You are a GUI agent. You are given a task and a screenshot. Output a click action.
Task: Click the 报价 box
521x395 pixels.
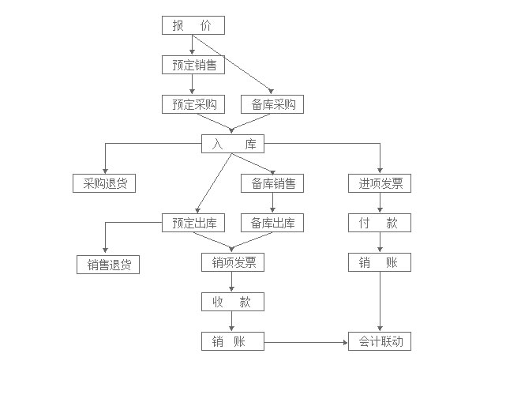(x=193, y=25)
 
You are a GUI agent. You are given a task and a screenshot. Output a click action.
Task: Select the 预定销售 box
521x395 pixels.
(x=193, y=65)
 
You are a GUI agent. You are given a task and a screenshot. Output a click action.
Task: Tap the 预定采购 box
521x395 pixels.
(x=193, y=104)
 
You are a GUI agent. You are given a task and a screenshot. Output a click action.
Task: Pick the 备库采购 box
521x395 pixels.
(x=272, y=104)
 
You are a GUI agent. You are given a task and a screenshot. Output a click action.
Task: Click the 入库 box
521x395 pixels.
(x=232, y=144)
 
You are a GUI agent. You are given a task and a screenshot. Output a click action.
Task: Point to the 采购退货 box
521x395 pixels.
(x=104, y=183)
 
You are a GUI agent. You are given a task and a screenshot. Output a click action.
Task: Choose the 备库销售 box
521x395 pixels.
(x=272, y=183)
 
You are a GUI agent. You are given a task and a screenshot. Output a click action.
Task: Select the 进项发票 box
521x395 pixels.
(x=380, y=183)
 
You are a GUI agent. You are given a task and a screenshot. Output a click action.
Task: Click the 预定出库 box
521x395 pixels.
(x=193, y=223)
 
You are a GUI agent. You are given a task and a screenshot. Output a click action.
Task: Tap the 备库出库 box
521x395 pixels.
(x=272, y=223)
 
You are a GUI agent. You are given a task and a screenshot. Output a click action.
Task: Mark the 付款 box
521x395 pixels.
(x=380, y=223)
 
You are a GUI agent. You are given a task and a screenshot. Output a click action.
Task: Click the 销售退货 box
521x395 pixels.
(x=108, y=265)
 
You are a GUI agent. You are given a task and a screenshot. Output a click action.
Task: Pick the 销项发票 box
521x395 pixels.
(x=232, y=262)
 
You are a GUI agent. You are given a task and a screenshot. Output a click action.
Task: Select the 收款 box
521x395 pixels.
(x=232, y=302)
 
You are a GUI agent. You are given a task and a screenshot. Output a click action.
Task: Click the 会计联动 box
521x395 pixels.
(x=380, y=341)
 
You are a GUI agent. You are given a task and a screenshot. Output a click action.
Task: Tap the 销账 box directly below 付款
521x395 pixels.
(x=380, y=262)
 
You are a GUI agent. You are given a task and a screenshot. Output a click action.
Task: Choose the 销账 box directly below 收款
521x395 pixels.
(x=232, y=341)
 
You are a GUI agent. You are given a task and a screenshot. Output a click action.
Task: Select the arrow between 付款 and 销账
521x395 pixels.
(x=380, y=243)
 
